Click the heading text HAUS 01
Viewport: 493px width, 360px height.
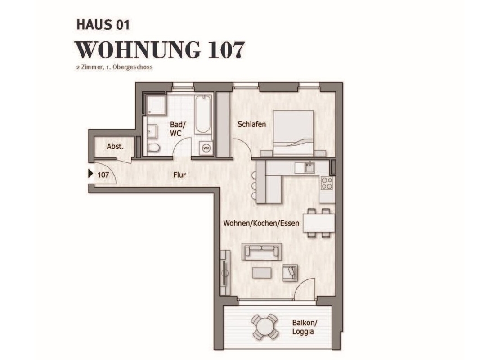(103, 25)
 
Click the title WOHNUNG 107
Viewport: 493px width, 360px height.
(160, 49)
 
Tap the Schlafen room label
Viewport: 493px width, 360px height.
(251, 124)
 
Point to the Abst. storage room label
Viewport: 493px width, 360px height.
(115, 147)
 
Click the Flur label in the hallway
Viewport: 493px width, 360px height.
(179, 175)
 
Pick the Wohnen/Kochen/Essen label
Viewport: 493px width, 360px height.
(261, 224)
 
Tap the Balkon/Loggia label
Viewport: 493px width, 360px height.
(305, 327)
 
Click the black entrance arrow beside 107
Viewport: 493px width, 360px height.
(91, 173)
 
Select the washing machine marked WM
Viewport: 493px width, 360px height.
(206, 148)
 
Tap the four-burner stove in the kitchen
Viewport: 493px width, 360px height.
(327, 183)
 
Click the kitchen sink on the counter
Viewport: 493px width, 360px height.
(309, 167)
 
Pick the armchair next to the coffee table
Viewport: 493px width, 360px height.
(290, 272)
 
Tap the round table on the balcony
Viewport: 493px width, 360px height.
(264, 327)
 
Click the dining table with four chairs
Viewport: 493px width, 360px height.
(318, 223)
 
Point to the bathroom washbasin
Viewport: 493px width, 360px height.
(153, 131)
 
